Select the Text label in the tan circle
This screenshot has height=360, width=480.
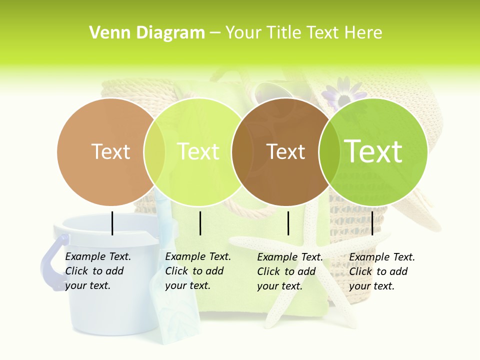(110, 151)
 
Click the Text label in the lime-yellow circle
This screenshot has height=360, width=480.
(198, 151)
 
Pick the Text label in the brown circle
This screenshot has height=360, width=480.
(285, 151)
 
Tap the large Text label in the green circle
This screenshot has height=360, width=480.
(373, 151)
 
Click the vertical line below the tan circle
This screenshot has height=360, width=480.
(112, 223)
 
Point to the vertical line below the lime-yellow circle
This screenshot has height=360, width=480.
(200, 223)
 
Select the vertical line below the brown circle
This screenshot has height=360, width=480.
(288, 223)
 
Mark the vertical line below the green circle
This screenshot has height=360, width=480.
(372, 223)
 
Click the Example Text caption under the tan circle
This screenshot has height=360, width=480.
(97, 271)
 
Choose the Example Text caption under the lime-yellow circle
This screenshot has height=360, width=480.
(197, 271)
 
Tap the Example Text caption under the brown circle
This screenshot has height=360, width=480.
(289, 271)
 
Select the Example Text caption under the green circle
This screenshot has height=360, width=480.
(381, 271)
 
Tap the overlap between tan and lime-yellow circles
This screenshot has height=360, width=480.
(154, 151)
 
